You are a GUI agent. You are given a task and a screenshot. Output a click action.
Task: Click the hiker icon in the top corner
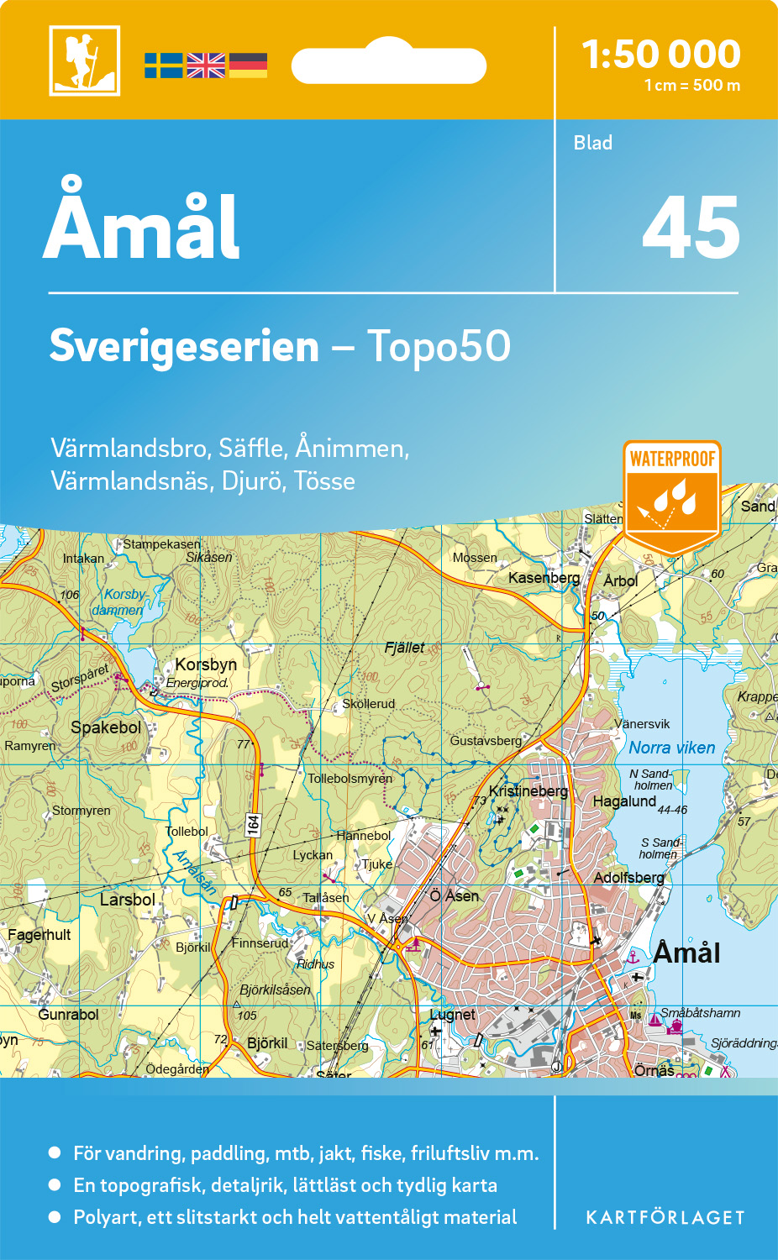84,60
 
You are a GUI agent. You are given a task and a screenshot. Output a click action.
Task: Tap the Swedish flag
163,66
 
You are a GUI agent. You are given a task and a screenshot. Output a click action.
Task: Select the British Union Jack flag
206,66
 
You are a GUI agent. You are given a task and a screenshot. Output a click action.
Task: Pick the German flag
248,66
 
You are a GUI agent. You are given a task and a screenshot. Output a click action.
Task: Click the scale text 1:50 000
661,55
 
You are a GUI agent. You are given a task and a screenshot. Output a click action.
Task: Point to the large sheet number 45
691,228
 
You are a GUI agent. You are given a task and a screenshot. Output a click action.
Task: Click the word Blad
593,143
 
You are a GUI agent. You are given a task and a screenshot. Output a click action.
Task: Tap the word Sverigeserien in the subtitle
184,346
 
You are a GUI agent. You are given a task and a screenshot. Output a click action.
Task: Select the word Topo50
439,346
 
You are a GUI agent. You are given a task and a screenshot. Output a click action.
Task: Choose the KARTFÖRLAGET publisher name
665,1218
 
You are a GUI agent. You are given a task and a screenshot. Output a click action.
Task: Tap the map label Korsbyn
206,664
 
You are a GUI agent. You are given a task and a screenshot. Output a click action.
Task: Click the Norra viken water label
672,748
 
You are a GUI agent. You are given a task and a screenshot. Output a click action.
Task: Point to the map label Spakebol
106,727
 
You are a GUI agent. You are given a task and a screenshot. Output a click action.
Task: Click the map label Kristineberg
528,791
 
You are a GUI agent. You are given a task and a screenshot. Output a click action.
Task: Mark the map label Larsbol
128,900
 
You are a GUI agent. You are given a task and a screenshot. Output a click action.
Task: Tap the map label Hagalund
624,801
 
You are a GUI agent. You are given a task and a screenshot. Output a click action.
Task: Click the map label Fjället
404,648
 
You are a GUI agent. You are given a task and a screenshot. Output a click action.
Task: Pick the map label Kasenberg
544,578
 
